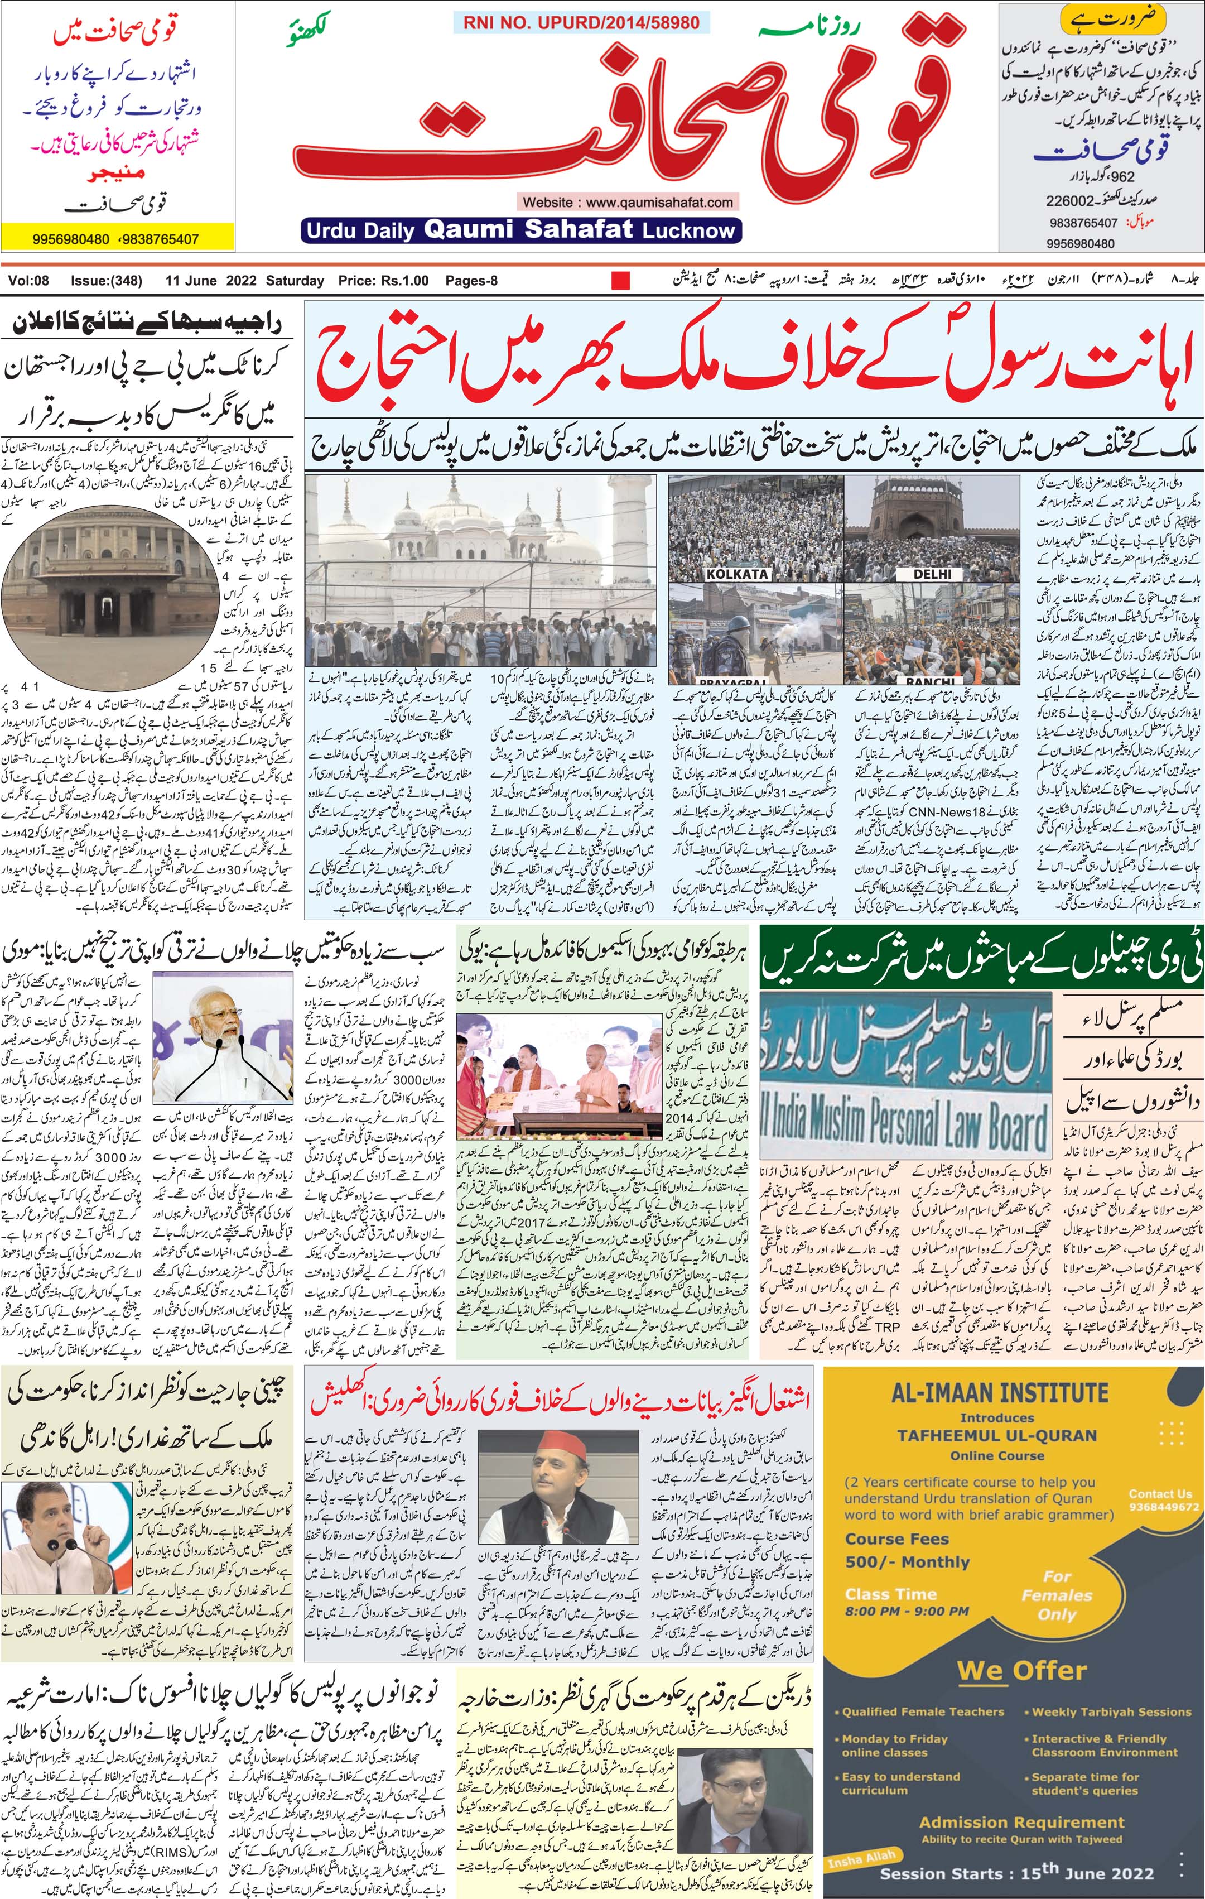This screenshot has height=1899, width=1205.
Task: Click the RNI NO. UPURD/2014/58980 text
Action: (x=581, y=23)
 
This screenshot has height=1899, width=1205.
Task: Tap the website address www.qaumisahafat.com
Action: (x=628, y=202)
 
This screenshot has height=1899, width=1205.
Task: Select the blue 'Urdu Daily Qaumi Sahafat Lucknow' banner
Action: (x=520, y=230)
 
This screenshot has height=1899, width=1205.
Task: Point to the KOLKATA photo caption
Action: (x=736, y=574)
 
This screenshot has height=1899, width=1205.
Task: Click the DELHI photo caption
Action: (x=932, y=574)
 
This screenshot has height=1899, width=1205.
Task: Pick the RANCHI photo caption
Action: (x=931, y=681)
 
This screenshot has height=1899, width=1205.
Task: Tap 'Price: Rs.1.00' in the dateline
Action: (x=383, y=281)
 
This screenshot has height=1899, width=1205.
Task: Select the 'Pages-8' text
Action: (x=471, y=281)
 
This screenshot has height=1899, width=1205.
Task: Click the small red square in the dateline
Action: (x=621, y=281)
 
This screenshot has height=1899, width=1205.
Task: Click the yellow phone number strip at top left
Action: (x=118, y=238)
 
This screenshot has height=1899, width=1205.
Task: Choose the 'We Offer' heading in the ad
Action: (x=1021, y=1671)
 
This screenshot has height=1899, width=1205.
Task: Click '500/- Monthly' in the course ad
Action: (x=907, y=1561)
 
